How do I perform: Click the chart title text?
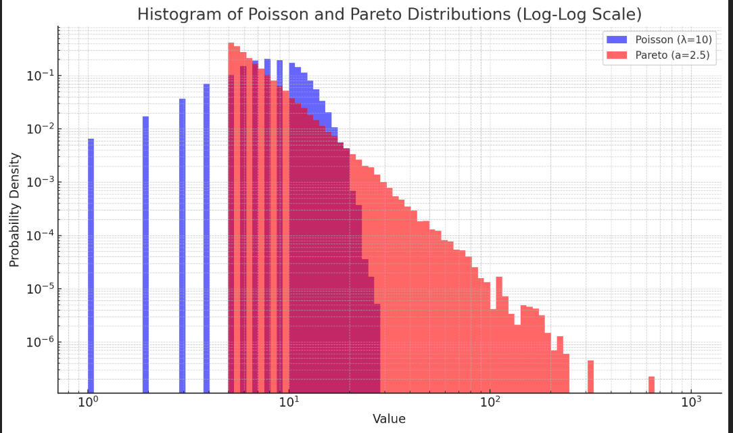point(389,14)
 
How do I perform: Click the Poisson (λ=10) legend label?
point(673,40)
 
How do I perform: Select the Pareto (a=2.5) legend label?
point(672,55)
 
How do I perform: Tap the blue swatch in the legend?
point(617,40)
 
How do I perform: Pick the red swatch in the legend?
point(617,55)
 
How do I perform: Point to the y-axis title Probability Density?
point(14,210)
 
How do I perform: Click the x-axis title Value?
point(389,419)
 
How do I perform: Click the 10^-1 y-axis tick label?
point(39,76)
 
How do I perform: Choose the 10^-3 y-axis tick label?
point(39,183)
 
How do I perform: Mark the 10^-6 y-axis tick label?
point(39,342)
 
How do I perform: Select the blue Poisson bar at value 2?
point(145,254)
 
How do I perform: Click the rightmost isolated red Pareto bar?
point(651,384)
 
